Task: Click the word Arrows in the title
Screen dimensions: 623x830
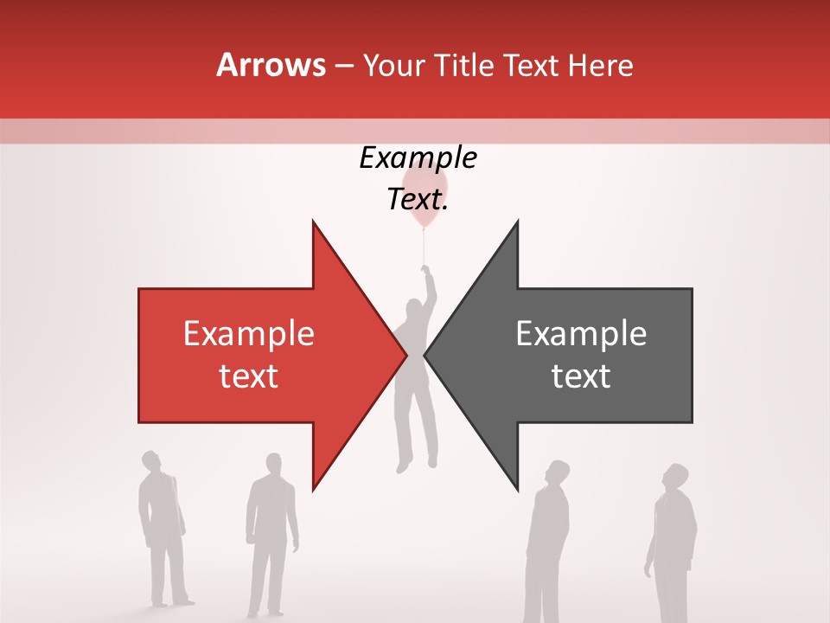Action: point(271,65)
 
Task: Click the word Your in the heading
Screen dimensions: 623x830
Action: point(393,66)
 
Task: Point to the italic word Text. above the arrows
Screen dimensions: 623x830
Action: point(418,199)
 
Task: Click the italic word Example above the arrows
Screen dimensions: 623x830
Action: point(418,158)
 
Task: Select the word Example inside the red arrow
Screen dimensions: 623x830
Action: point(248,334)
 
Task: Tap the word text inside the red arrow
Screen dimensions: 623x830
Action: point(248,376)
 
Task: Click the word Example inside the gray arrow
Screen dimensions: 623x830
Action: point(581,334)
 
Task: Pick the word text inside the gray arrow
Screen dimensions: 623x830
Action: point(581,376)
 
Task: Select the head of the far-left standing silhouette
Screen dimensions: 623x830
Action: point(152,462)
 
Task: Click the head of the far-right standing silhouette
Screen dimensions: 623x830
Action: point(676,477)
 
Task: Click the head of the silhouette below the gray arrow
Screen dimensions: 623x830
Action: point(558,472)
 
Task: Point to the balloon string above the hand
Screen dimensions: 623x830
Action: point(424,247)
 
